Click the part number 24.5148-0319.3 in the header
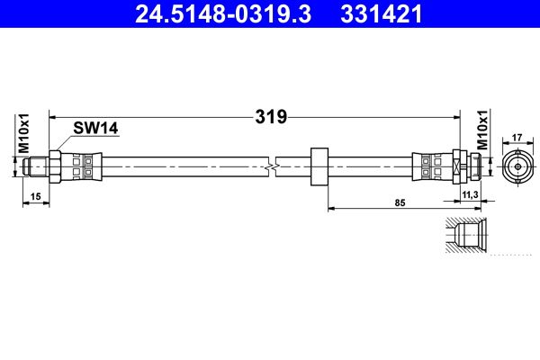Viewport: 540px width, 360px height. [x=223, y=14]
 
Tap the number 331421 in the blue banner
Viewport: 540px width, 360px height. [x=382, y=14]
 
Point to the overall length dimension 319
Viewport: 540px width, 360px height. [x=271, y=117]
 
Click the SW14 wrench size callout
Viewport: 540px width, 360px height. [x=95, y=128]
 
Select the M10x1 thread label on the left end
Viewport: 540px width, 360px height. [x=24, y=133]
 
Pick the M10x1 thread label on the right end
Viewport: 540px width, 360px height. [x=482, y=130]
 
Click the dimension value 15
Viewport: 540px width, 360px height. [x=35, y=196]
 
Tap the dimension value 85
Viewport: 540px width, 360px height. [x=400, y=202]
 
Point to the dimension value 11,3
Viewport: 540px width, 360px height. [x=470, y=195]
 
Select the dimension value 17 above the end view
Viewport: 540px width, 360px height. [x=517, y=138]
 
